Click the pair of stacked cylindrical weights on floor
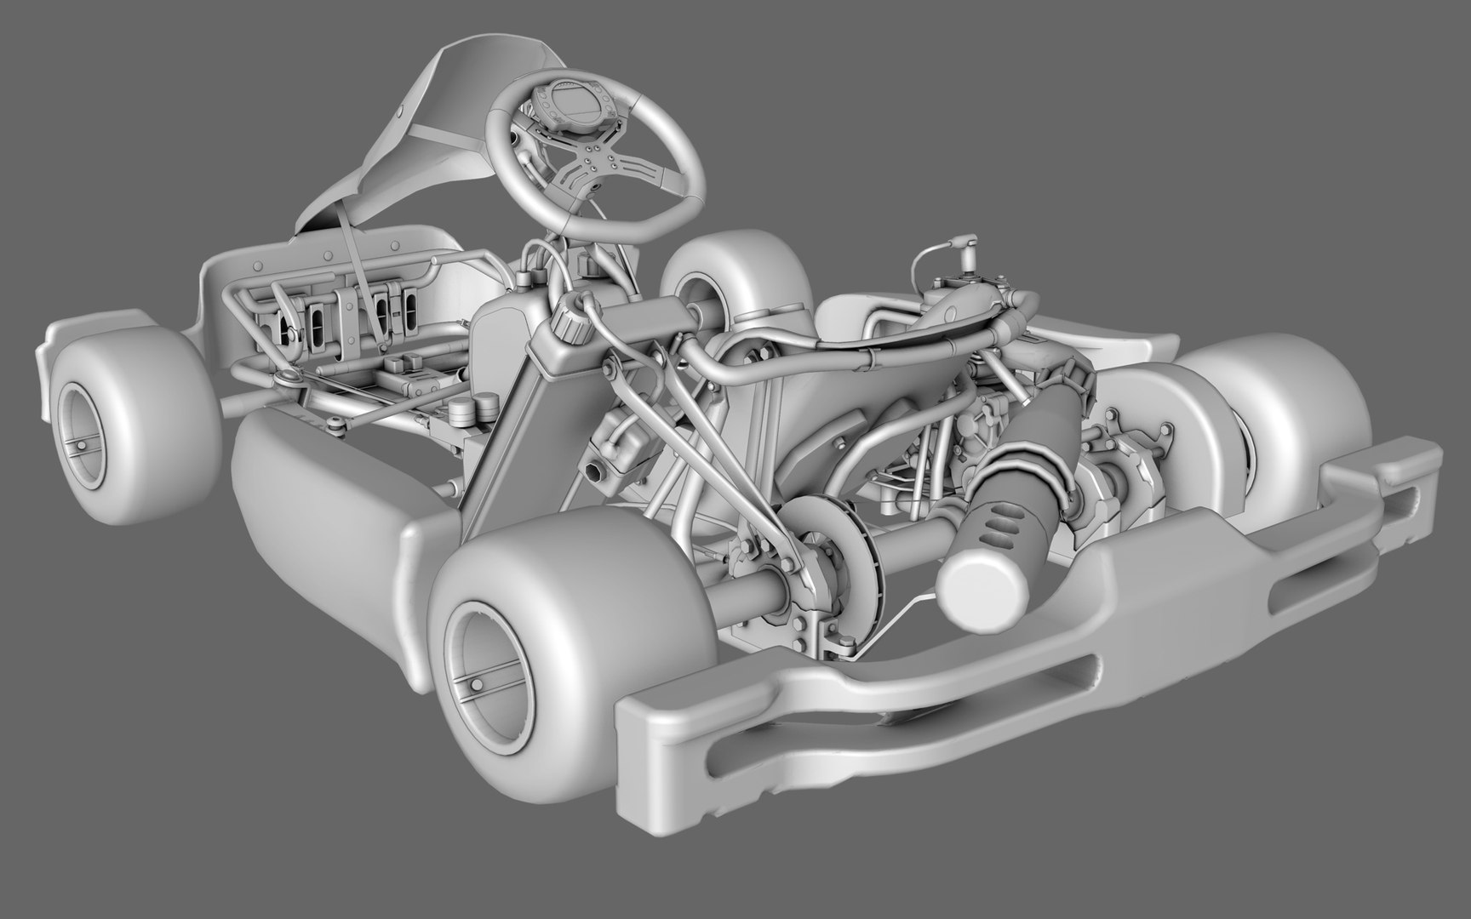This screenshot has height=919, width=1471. [472, 412]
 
